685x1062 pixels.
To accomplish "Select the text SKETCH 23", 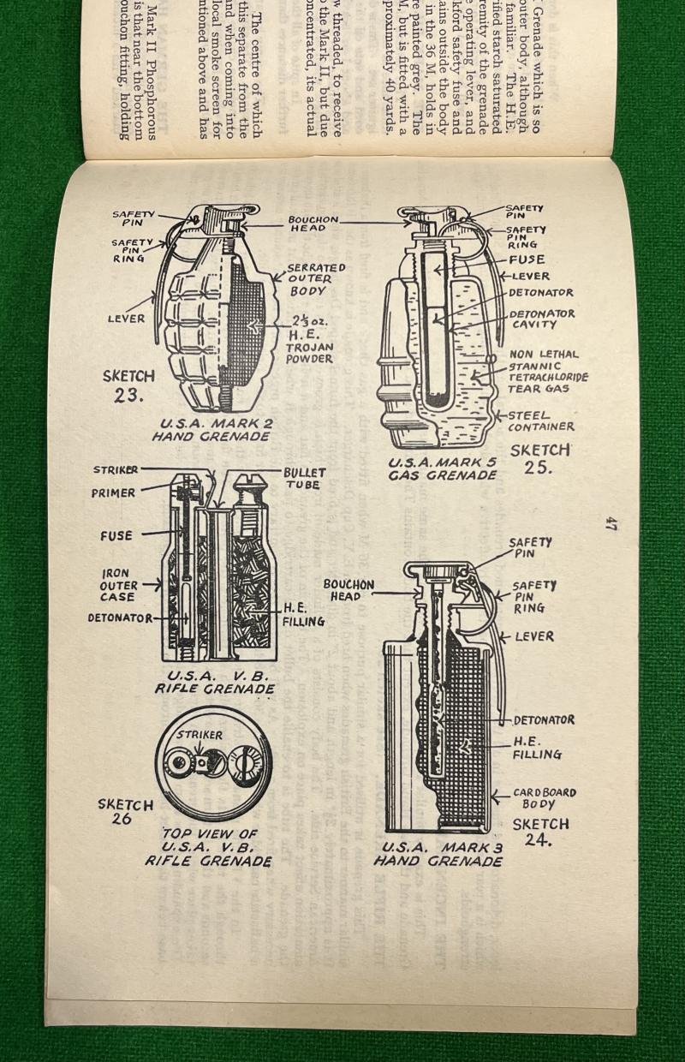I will pos(128,385).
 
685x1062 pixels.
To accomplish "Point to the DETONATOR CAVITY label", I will pos(542,319).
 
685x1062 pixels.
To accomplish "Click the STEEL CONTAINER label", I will pos(540,421).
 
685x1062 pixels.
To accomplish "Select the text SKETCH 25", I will pos(539,458).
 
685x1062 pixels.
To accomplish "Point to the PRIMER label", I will pos(113,493).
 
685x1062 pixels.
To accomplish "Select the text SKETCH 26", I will pos(125,811).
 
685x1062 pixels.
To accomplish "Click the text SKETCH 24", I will pos(540,831).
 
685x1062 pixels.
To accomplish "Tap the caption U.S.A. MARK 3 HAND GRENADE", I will pos(438,854).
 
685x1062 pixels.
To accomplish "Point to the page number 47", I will pos(611,523).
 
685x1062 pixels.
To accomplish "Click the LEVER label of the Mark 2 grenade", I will pos(126,318).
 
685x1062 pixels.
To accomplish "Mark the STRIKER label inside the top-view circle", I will pos(199,735).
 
